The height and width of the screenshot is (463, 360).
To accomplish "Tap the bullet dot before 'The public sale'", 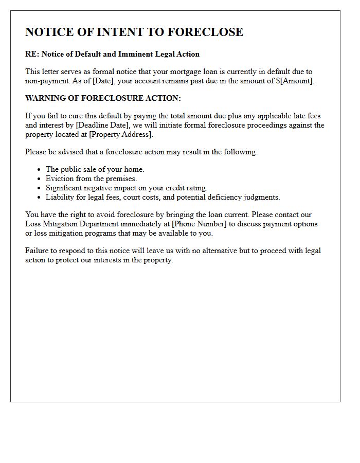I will coord(39,170).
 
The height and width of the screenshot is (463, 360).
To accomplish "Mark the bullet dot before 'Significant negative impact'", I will coord(39,188).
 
